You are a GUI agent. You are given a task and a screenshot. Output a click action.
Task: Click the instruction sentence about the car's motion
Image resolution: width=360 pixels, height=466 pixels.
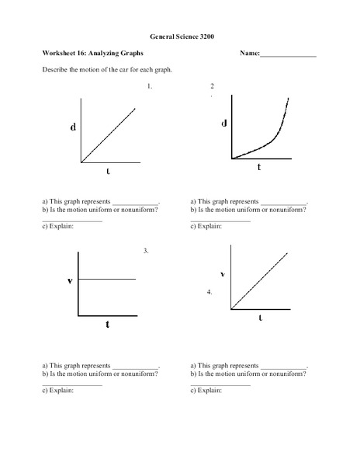(x=106, y=70)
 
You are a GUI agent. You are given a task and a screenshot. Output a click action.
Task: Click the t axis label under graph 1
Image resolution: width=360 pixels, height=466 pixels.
(x=108, y=170)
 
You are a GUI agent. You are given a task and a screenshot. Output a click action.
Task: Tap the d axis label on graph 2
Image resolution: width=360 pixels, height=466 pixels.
(x=224, y=123)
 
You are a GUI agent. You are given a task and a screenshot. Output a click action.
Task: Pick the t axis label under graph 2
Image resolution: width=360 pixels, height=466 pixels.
(x=259, y=167)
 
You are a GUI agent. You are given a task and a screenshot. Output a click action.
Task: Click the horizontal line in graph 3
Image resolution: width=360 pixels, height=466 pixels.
(x=107, y=279)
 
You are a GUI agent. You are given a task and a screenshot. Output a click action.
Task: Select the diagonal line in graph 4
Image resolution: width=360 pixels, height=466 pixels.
(x=260, y=280)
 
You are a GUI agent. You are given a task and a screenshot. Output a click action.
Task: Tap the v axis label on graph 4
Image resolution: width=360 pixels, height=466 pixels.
(x=223, y=273)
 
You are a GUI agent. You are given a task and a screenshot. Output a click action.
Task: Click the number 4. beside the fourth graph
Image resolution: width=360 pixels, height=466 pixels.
(x=209, y=292)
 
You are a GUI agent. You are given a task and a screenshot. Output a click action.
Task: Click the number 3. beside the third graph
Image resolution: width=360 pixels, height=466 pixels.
(x=145, y=251)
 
